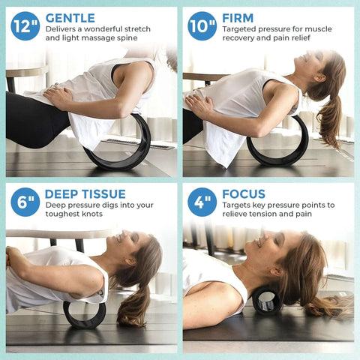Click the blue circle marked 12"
tap(25, 26)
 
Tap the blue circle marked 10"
tap(202, 26)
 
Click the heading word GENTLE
tap(70, 17)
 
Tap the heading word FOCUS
tap(244, 193)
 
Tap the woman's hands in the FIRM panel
tap(200, 103)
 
